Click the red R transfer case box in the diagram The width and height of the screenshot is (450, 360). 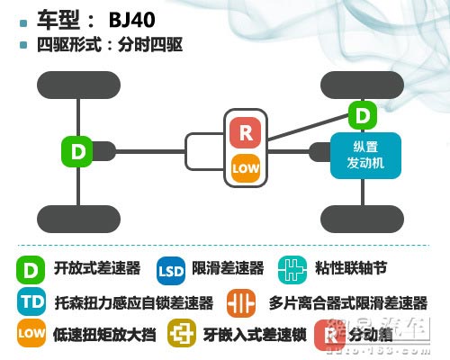pos(245,132)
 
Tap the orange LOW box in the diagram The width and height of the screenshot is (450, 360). pos(245,167)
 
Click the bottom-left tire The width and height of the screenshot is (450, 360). pos(78,218)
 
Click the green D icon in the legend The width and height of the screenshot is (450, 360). pos(31,268)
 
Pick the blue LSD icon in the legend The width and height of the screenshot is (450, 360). pos(171,269)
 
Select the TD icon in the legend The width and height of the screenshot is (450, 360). pos(31,301)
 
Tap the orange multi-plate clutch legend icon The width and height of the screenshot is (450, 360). pos(242,302)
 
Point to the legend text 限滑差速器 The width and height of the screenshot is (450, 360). pos(228,268)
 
